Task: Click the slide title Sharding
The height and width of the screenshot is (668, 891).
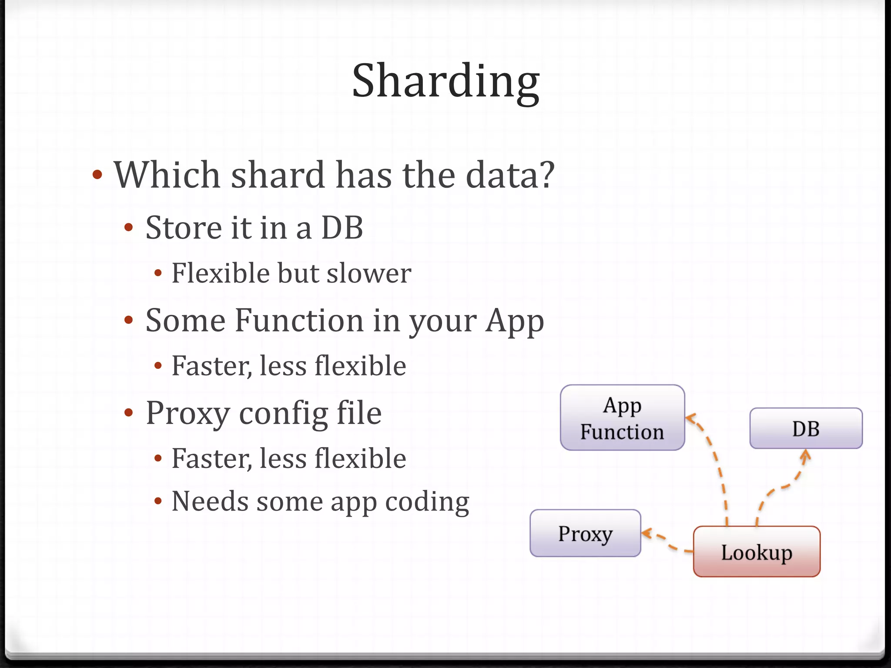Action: point(445,81)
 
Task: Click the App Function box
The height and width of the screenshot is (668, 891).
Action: point(622,417)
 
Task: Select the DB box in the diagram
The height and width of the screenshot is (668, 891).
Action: point(806,428)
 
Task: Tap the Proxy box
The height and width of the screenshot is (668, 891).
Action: point(585,533)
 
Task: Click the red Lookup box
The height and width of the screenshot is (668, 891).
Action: point(757,551)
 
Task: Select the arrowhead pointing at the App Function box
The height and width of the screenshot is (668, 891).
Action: point(690,418)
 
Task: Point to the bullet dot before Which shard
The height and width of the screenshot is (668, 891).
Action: point(97,175)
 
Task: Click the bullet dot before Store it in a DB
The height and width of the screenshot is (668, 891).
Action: point(128,227)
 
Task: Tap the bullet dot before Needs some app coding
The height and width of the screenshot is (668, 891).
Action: point(158,501)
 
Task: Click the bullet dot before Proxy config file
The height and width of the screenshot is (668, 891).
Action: point(128,413)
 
